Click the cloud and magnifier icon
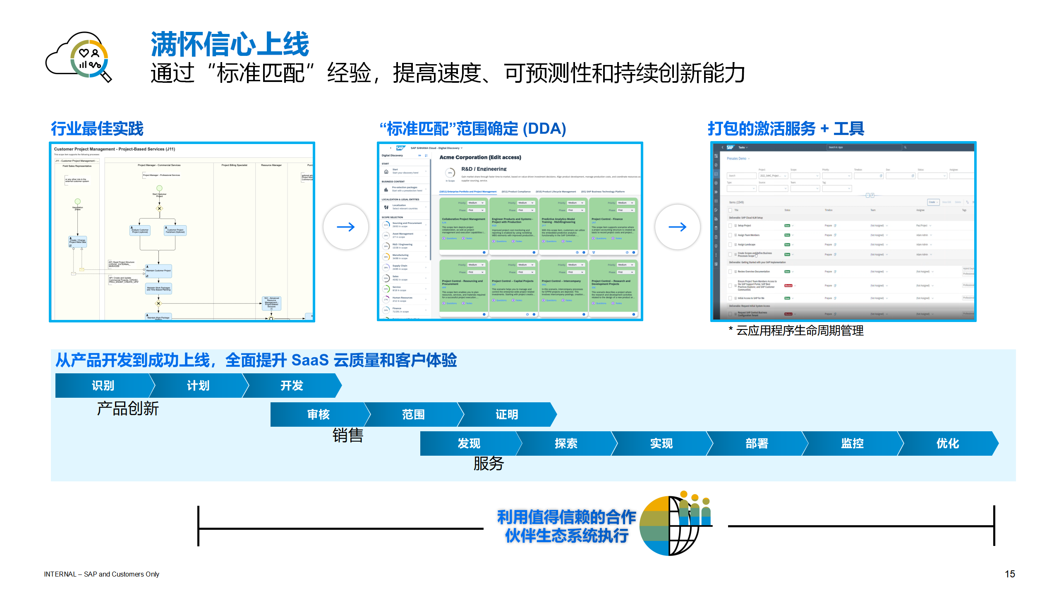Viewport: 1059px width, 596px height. [79, 57]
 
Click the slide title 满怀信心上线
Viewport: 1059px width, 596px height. [230, 44]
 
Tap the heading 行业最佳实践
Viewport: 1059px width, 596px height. [97, 129]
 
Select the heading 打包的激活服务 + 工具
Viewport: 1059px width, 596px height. [786, 129]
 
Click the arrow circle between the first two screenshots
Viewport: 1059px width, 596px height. [346, 227]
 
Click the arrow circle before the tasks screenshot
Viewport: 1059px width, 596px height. [678, 227]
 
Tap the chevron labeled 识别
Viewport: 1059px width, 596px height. [103, 386]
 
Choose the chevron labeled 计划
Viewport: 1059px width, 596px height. [198, 386]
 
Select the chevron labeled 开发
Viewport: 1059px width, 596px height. [292, 386]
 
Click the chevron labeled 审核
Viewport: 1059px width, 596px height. [318, 415]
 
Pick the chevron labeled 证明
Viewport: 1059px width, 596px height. [507, 415]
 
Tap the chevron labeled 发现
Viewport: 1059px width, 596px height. [469, 444]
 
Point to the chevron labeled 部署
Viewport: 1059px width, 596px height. [757, 444]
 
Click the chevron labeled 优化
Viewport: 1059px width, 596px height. [947, 444]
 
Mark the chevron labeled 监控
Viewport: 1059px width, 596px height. [852, 444]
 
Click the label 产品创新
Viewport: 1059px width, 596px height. [128, 409]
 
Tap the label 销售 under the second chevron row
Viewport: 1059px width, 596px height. [348, 435]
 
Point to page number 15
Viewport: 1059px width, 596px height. [1010, 574]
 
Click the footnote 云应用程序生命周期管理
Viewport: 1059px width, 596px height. [799, 331]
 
